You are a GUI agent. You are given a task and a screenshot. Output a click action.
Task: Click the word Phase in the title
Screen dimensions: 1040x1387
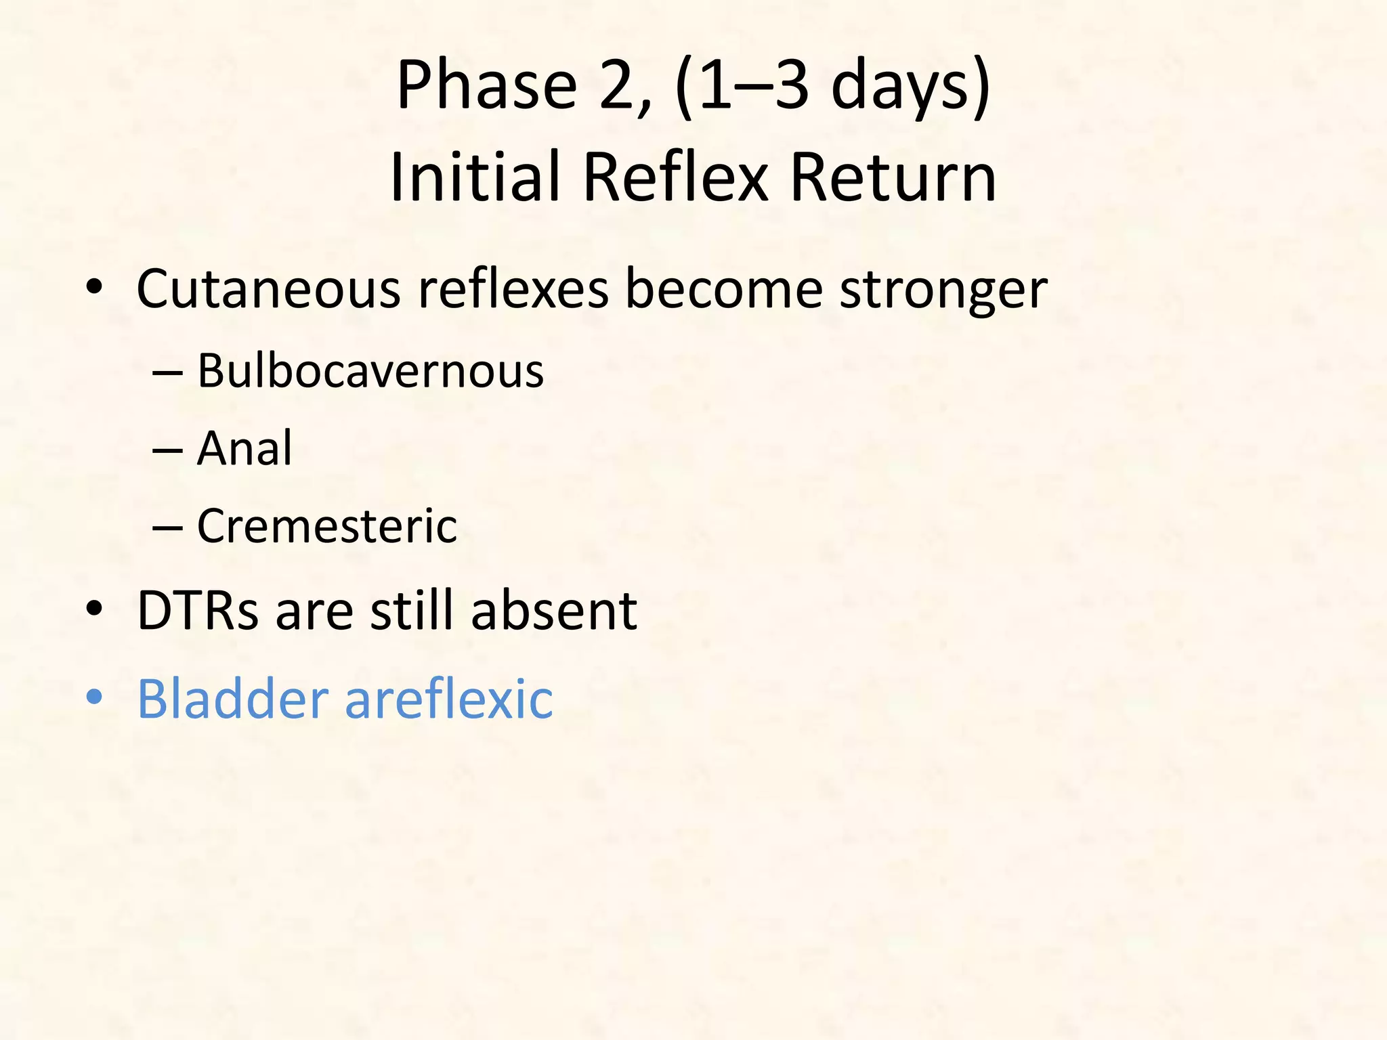[x=486, y=85]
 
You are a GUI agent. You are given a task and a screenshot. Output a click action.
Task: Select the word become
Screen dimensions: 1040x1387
[x=723, y=289]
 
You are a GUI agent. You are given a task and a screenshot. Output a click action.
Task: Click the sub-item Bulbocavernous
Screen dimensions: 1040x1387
[x=370, y=371]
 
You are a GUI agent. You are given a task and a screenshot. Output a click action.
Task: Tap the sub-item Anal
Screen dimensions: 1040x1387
[x=244, y=448]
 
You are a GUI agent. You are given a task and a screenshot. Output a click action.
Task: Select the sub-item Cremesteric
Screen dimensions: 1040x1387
[x=327, y=526]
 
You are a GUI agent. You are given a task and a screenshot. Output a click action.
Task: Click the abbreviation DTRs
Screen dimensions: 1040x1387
[x=198, y=611]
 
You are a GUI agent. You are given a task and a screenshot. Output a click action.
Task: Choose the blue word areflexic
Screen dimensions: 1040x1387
[x=448, y=698]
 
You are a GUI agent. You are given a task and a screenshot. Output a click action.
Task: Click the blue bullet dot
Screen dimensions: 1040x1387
[x=94, y=697]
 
